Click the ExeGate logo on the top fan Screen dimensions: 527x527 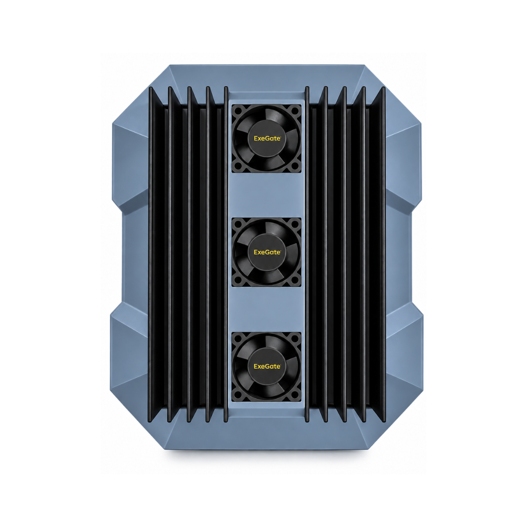coord(267,138)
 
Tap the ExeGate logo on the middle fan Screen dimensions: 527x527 coord(267,252)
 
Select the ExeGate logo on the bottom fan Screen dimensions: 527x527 coord(267,366)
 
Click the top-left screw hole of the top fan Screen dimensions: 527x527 coord(238,111)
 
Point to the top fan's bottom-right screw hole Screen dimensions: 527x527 coord(295,166)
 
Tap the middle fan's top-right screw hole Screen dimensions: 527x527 coord(295,224)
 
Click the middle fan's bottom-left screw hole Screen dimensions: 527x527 coord(238,280)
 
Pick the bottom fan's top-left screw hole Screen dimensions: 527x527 coord(238,339)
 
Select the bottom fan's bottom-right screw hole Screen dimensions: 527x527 coord(295,394)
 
